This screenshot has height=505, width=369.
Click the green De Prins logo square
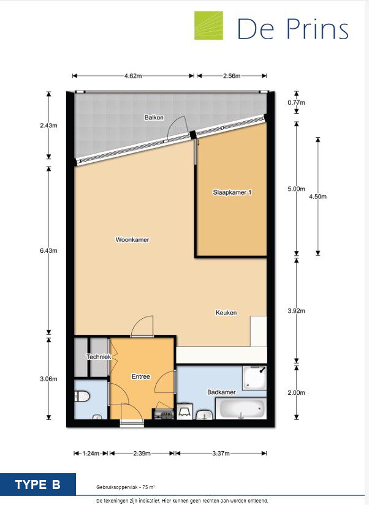(208, 26)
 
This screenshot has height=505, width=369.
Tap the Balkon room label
(154, 118)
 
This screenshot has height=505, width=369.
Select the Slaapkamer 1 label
(232, 192)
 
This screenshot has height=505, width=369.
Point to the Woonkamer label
(132, 239)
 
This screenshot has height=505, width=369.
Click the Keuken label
(226, 312)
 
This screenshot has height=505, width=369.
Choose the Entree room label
(140, 376)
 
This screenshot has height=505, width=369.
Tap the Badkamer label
(221, 392)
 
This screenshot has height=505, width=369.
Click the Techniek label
(99, 356)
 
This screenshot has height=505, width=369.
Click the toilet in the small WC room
(82, 396)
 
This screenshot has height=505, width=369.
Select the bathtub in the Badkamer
(241, 408)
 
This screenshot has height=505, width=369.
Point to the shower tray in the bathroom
(254, 378)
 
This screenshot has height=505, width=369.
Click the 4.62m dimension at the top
(133, 76)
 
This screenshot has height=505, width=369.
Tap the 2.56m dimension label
(232, 76)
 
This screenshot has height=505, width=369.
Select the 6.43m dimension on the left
(48, 250)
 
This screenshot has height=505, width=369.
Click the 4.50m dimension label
(318, 196)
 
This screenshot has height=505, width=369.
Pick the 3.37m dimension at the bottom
(221, 453)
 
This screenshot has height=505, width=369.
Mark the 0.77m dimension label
(296, 102)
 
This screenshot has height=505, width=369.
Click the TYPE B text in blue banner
(38, 485)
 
